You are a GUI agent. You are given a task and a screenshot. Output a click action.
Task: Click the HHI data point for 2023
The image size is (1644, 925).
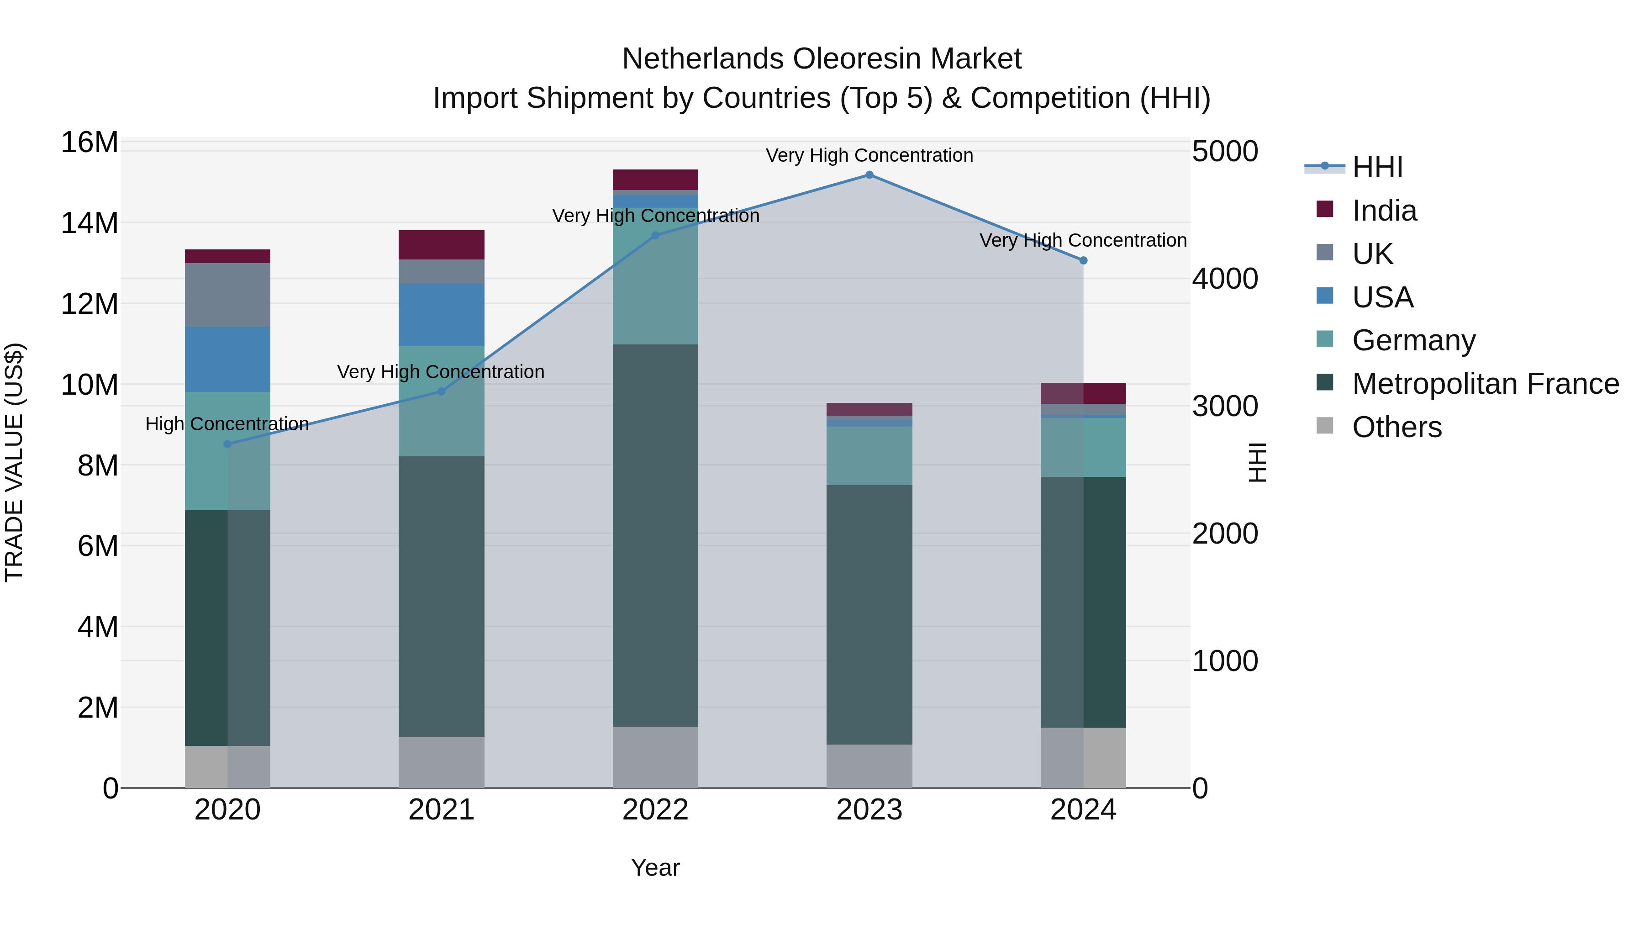[x=869, y=175]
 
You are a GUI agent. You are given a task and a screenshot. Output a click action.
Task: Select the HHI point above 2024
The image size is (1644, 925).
[x=1083, y=260]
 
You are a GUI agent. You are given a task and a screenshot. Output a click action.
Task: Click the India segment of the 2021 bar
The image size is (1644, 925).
[x=441, y=244]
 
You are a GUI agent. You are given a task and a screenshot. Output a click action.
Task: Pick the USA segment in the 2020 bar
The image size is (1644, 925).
[x=227, y=359]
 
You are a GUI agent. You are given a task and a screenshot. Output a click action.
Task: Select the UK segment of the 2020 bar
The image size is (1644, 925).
[x=227, y=295]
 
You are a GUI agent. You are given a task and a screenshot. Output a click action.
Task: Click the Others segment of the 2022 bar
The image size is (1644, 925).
[x=655, y=757]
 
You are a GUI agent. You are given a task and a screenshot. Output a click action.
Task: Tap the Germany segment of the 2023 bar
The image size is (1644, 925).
[x=869, y=456]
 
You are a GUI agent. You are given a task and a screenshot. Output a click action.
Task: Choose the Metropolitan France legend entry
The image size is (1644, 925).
[x=1485, y=384]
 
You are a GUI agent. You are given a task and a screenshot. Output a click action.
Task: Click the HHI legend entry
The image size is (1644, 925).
[x=1377, y=167]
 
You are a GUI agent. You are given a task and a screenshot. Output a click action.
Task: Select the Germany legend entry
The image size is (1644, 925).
[x=1413, y=340]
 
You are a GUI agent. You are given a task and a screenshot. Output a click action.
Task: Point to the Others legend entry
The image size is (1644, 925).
[x=1396, y=427]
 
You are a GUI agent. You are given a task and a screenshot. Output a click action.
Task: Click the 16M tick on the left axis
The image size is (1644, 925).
[x=90, y=143]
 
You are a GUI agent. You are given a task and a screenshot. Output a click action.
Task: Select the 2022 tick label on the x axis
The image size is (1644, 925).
[x=655, y=810]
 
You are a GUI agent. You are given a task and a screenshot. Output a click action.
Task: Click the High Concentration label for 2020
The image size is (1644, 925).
[x=227, y=424]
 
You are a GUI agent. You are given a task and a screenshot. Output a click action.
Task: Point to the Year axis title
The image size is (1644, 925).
[x=655, y=867]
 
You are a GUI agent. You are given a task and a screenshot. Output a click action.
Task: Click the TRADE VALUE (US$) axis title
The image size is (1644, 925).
[x=14, y=462]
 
